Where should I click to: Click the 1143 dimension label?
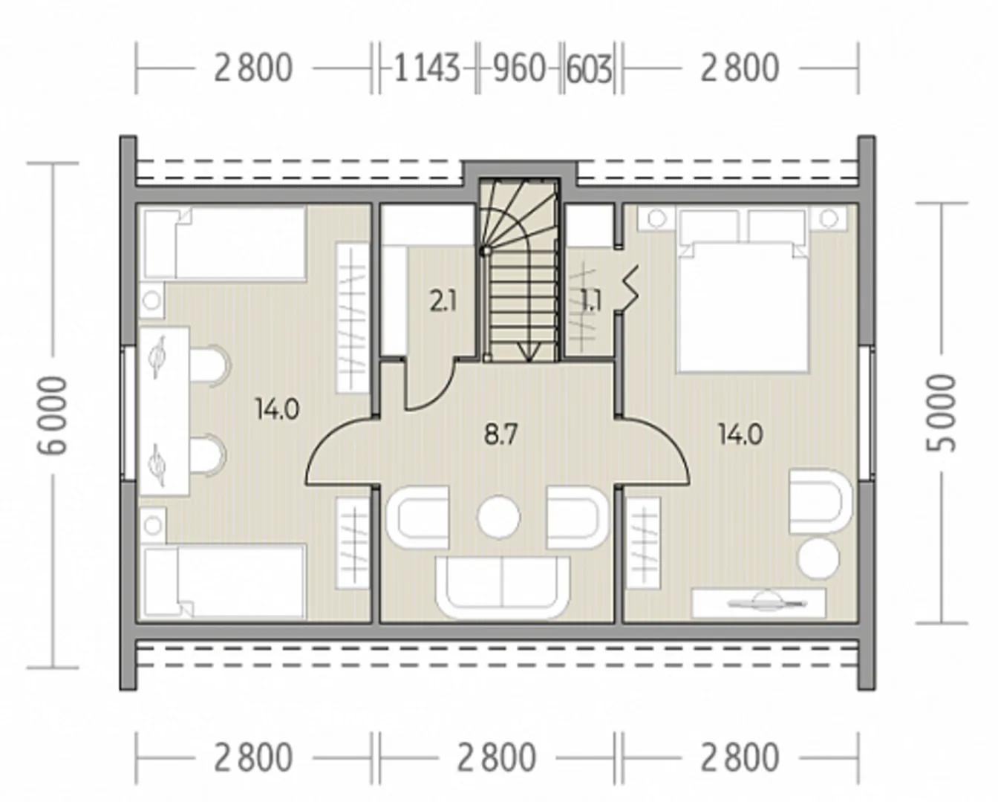coord(427,68)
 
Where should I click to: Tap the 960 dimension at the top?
coord(519,68)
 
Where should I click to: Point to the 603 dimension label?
coord(590,69)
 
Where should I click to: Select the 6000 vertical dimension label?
coord(52,415)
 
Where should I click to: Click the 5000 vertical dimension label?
coord(942,413)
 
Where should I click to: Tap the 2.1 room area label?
coord(443,301)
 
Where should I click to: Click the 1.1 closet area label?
coord(591,301)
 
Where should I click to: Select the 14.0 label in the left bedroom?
coord(277,410)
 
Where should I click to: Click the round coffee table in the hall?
coord(499,517)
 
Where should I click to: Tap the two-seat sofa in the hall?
coord(502,587)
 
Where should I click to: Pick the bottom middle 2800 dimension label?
coord(497,757)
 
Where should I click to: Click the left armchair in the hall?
coord(417,517)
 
